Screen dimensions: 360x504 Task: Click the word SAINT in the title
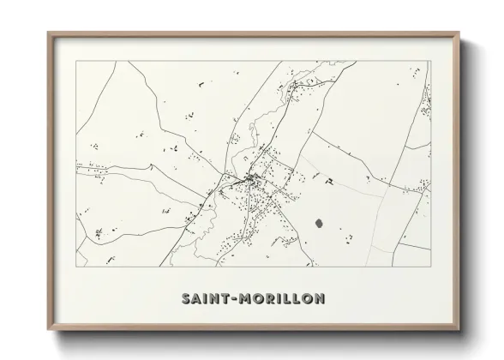click(205, 299)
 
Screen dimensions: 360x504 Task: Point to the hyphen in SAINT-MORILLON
click(235, 299)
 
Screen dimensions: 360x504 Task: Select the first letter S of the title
click(186, 299)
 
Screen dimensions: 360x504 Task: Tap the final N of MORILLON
click(318, 299)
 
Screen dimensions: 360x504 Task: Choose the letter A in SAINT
click(198, 299)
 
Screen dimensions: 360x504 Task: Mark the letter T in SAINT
click(226, 299)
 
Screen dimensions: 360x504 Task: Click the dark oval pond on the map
click(320, 221)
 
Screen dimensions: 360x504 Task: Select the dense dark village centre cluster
click(252, 180)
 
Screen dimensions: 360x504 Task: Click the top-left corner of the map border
click(76, 63)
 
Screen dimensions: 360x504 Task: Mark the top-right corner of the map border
click(431, 63)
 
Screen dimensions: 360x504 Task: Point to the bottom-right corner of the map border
click(431, 267)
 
